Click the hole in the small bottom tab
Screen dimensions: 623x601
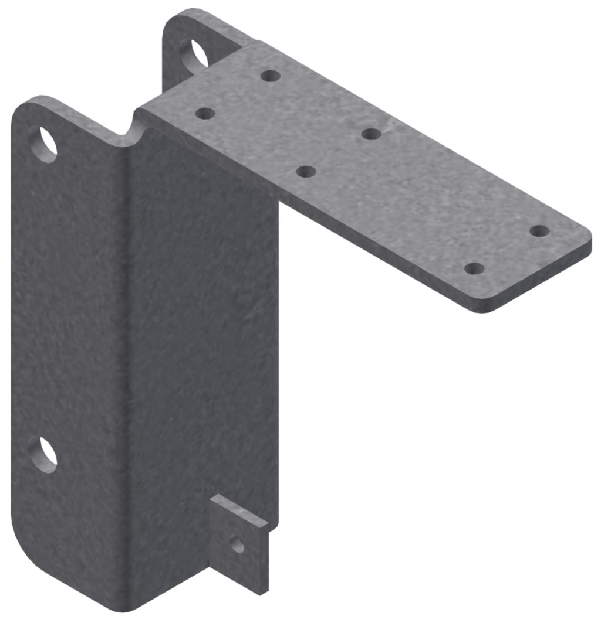[237, 545]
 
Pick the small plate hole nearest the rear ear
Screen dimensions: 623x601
[270, 76]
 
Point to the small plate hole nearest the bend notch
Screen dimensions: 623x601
[204, 113]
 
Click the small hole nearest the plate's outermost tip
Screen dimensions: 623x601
[539, 231]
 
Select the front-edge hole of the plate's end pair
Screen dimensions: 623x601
[474, 269]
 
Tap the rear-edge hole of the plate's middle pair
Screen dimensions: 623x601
[372, 134]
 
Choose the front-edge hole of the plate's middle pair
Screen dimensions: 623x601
[306, 171]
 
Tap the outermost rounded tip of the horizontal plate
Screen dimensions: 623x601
[587, 240]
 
